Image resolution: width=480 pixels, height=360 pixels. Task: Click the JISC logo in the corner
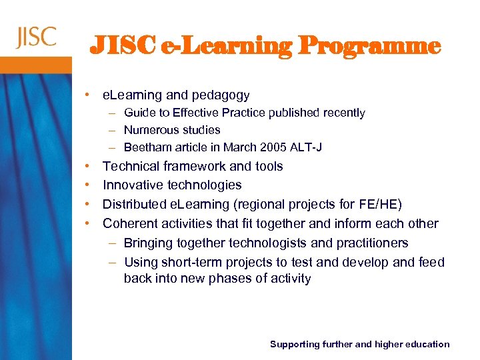(x=36, y=37)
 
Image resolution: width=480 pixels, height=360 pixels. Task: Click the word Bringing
(x=151, y=243)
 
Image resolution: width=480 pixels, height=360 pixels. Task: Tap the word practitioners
(x=367, y=243)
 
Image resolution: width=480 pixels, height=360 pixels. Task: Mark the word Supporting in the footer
(x=294, y=344)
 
